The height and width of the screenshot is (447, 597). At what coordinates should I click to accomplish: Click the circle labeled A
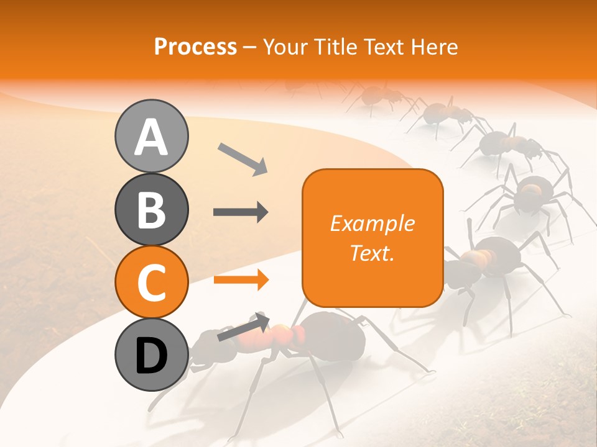(x=151, y=137)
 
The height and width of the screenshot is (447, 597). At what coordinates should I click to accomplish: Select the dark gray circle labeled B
(x=151, y=210)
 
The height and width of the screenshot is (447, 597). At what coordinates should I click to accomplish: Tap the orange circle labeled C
(x=151, y=282)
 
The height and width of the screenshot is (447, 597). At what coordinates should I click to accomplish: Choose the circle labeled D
(x=151, y=354)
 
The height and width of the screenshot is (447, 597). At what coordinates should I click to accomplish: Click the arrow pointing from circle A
(x=242, y=158)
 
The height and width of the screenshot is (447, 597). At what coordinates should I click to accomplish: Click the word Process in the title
(x=195, y=47)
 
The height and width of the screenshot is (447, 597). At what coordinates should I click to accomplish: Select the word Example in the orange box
(x=372, y=223)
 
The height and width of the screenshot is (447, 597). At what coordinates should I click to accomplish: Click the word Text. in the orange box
(x=372, y=253)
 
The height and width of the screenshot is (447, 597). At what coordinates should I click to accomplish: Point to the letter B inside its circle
(x=151, y=210)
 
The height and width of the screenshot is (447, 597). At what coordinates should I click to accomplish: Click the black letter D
(x=151, y=355)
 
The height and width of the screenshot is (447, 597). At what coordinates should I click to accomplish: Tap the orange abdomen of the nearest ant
(x=283, y=335)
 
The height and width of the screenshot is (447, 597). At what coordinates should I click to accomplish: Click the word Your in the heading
(x=285, y=47)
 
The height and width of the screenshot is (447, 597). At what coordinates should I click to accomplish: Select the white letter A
(x=151, y=137)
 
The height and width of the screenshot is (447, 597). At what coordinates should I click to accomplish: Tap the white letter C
(x=151, y=282)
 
